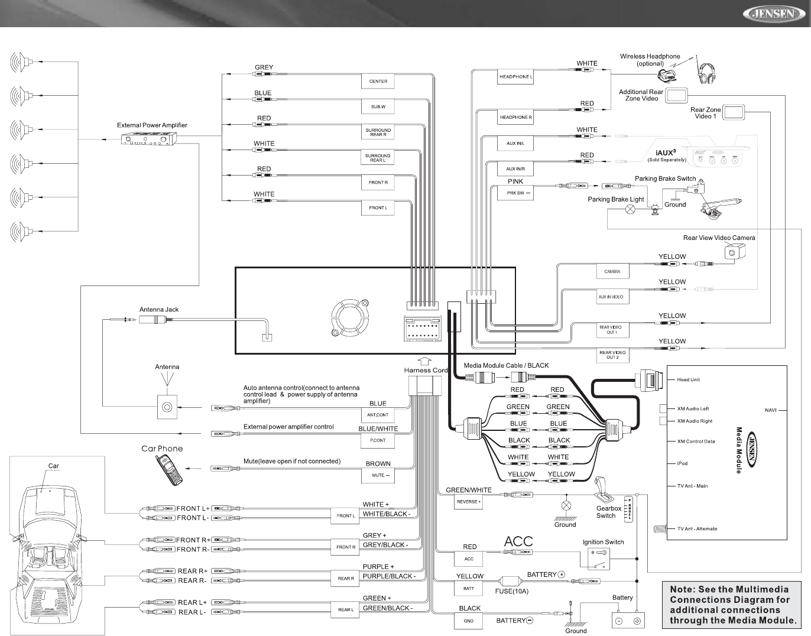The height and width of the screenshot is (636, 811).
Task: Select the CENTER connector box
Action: (x=378, y=82)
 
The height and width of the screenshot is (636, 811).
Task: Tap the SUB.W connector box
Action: (x=378, y=107)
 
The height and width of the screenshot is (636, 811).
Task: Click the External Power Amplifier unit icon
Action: (x=150, y=139)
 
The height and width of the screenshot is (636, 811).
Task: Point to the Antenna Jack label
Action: (x=158, y=309)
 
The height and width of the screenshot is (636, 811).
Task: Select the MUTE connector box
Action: (x=378, y=475)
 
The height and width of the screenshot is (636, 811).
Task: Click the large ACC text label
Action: (x=518, y=541)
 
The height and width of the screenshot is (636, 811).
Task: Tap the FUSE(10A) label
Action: (x=511, y=591)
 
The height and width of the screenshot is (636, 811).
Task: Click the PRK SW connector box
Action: (x=515, y=193)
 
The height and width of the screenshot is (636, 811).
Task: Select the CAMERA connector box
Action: (x=612, y=272)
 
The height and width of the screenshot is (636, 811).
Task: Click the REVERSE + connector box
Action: (x=469, y=502)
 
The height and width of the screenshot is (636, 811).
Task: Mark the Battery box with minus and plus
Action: (x=628, y=621)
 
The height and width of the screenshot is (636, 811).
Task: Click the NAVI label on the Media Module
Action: (x=771, y=410)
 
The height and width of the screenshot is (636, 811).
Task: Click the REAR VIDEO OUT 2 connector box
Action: (x=612, y=355)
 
